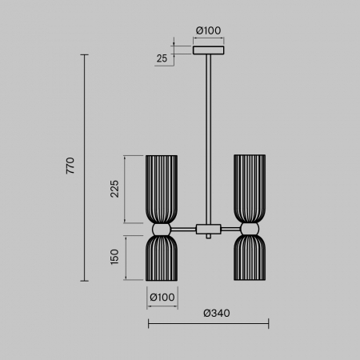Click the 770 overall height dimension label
coord(71,166)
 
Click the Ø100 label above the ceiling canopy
coord(209,31)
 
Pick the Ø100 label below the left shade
coord(162,298)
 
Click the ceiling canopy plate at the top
coord(209,50)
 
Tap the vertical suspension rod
coord(209,136)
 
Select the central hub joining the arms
coord(209,230)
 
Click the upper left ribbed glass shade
coord(162,189)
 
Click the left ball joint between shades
coord(162,229)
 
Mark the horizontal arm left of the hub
coord(184,229)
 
